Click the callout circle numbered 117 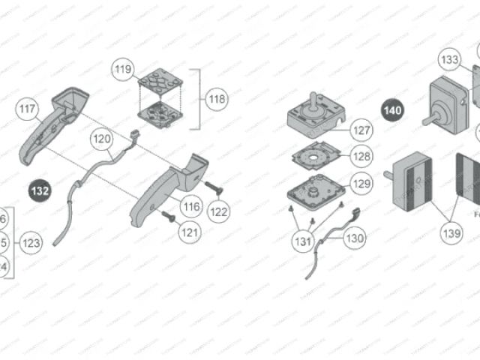27,110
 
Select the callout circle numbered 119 122,70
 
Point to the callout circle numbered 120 101,139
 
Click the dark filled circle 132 40,191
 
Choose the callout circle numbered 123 31,243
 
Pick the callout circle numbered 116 191,205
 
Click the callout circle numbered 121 190,232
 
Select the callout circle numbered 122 218,211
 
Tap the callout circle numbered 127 361,130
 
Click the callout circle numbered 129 361,184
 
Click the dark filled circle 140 392,110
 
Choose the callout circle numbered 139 451,233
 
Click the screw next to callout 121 168,217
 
